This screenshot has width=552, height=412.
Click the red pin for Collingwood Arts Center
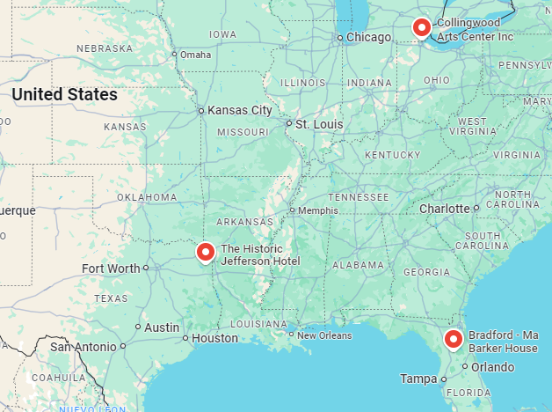click(x=422, y=27)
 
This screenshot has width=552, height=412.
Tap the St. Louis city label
click(x=319, y=124)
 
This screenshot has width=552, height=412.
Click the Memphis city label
click(x=317, y=210)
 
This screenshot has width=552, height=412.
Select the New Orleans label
click(x=323, y=335)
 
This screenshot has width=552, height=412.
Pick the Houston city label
click(x=214, y=338)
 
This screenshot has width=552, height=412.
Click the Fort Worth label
click(x=110, y=269)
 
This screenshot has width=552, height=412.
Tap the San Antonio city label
click(x=84, y=346)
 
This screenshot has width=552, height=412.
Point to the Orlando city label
click(x=492, y=366)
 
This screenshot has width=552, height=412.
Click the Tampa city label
click(x=418, y=379)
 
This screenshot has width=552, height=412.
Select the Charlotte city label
click(x=444, y=209)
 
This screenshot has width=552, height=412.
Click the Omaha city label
click(x=196, y=55)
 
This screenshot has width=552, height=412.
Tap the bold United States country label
click(x=64, y=94)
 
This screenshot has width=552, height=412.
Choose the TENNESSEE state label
click(x=358, y=197)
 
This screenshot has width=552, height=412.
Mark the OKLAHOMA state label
click(x=147, y=197)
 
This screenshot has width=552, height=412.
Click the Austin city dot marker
click(x=138, y=327)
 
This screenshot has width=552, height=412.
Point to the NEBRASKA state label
click(x=105, y=48)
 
